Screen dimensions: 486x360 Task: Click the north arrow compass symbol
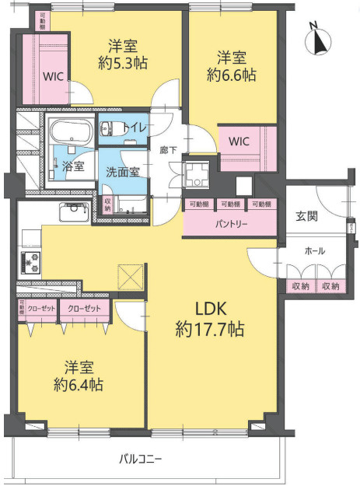316,39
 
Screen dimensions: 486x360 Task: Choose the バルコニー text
141,459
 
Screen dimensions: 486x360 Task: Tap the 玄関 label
306,216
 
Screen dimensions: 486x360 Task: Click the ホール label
315,251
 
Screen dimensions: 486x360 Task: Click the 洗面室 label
123,171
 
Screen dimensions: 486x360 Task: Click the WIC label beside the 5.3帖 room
54,77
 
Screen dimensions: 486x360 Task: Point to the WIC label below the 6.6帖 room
239,142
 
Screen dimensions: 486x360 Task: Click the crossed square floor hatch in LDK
129,276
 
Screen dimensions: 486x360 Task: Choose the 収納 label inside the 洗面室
107,205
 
